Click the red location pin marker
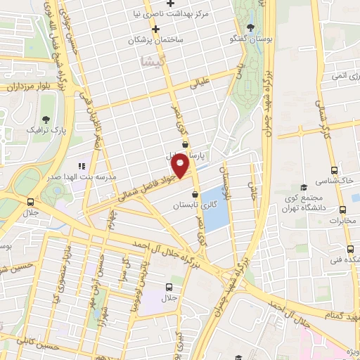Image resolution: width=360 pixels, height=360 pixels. coord(181,167)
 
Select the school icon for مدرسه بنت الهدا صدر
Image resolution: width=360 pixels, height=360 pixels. coord(82,166)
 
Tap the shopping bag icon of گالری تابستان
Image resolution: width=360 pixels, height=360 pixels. coord(194,195)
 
